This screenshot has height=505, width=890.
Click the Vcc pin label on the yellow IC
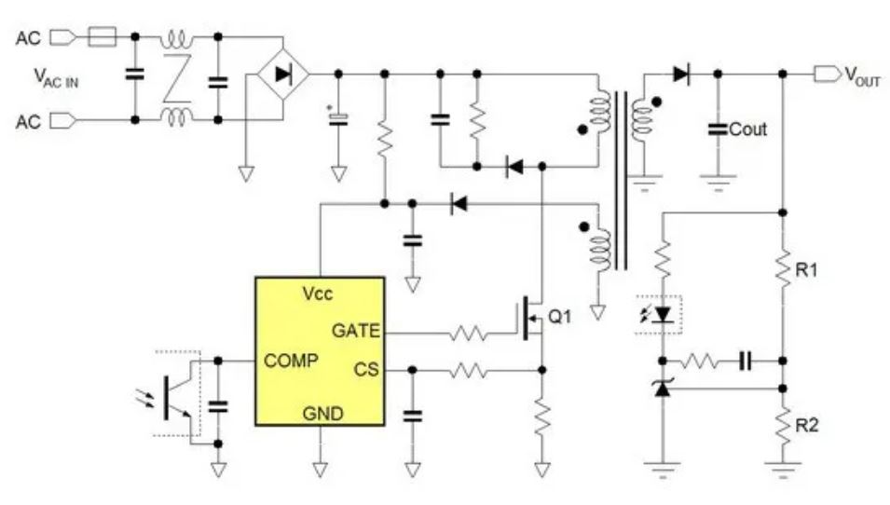tap(318, 293)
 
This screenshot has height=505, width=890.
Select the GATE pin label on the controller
tap(358, 331)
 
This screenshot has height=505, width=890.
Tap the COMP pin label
tap(291, 360)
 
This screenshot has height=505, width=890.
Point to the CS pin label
tap(366, 370)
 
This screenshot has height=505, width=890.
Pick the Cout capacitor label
tap(747, 130)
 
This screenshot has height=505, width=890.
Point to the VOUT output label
tap(862, 78)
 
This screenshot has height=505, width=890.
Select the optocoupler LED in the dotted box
tap(663, 315)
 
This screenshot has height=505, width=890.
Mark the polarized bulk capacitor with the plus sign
tap(339, 118)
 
